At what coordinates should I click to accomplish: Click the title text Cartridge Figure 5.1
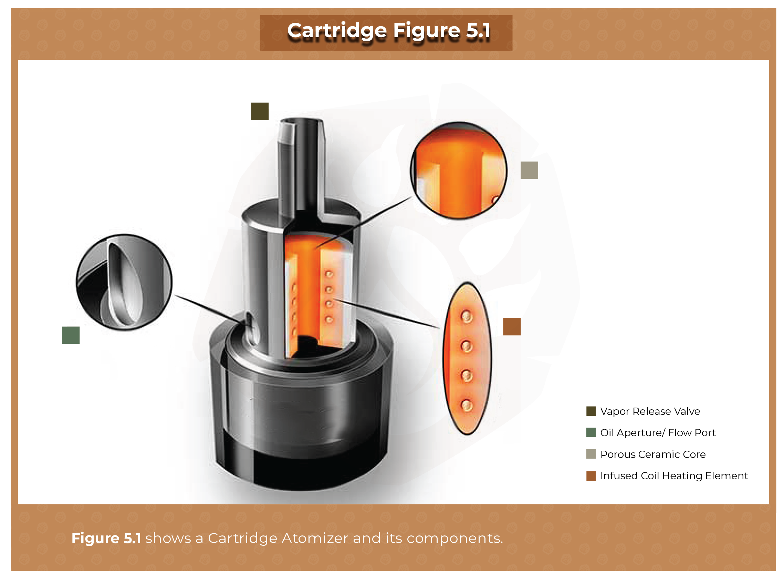388,31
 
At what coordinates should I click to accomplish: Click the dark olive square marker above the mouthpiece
260,112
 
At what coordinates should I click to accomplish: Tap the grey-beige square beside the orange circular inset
529,171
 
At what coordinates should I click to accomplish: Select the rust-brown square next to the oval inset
512,326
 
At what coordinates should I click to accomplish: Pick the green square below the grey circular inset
71,335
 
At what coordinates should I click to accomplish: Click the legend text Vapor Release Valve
650,411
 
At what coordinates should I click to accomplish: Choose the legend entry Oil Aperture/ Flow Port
657,432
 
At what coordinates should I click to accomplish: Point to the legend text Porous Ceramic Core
652,454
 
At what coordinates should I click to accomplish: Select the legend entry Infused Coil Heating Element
673,476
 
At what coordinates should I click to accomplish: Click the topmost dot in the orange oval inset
466,317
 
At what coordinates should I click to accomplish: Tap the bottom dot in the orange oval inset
467,405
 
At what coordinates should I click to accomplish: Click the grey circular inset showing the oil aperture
124,282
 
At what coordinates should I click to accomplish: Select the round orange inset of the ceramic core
459,171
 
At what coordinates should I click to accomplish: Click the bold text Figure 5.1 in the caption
106,538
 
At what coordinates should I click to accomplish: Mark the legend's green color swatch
591,432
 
